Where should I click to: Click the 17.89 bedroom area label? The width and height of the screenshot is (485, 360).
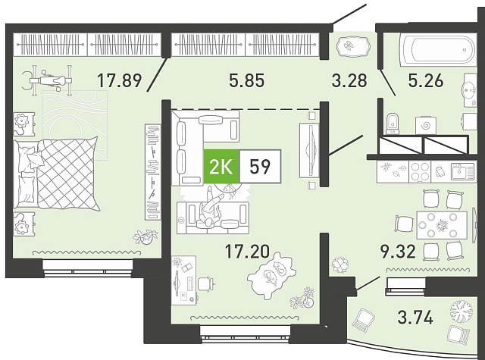(x=120, y=80)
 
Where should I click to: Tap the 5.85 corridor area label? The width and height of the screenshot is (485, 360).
(x=247, y=80)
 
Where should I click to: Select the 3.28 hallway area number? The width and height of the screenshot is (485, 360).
(x=349, y=80)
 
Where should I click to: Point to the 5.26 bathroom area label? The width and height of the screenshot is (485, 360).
(x=426, y=80)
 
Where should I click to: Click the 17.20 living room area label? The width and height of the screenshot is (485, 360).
(x=248, y=251)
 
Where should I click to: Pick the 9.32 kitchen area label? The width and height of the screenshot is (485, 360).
(x=397, y=252)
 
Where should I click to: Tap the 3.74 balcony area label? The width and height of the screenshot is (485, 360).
(x=415, y=318)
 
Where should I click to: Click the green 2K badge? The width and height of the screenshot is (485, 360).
(x=221, y=167)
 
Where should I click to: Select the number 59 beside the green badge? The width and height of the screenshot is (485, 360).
(x=260, y=167)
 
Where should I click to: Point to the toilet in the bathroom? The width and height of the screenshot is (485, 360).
(x=393, y=124)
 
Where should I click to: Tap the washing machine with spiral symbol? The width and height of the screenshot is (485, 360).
(x=426, y=125)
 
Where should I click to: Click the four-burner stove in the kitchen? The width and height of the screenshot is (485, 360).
(x=420, y=171)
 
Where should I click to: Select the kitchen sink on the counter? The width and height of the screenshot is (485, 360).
(x=462, y=171)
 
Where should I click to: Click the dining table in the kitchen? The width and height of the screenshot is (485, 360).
(x=442, y=225)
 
